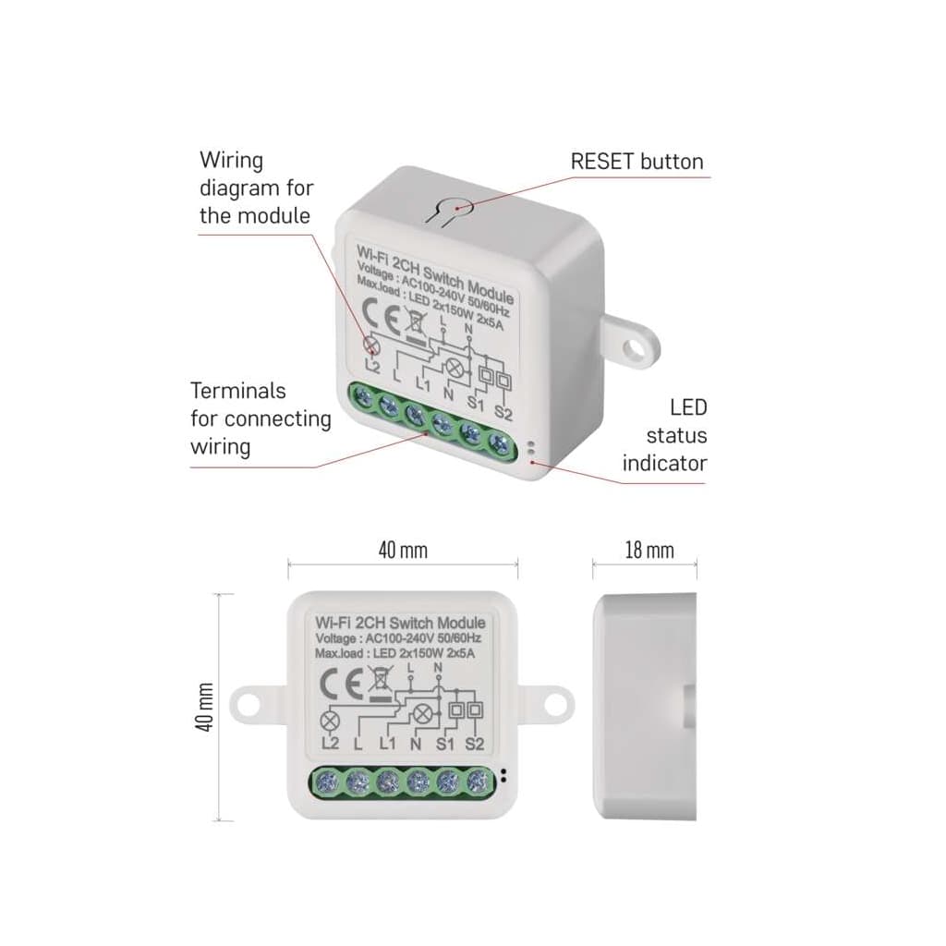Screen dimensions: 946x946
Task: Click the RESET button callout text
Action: pos(637,162)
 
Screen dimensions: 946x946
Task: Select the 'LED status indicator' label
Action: pos(664,435)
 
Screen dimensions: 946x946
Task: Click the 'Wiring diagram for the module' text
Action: pos(256,188)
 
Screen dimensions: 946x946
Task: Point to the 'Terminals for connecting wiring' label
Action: pos(260,418)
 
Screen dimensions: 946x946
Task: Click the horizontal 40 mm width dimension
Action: pos(403,551)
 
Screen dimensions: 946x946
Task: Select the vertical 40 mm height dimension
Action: pos(205,708)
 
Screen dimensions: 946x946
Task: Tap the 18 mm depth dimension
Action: pos(649,551)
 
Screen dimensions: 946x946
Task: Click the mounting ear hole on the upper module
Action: pos(633,347)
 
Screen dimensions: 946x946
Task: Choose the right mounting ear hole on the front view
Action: pos(554,703)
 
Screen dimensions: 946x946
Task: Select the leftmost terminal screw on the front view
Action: pos(325,784)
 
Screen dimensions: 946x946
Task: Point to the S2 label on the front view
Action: pos(476,744)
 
